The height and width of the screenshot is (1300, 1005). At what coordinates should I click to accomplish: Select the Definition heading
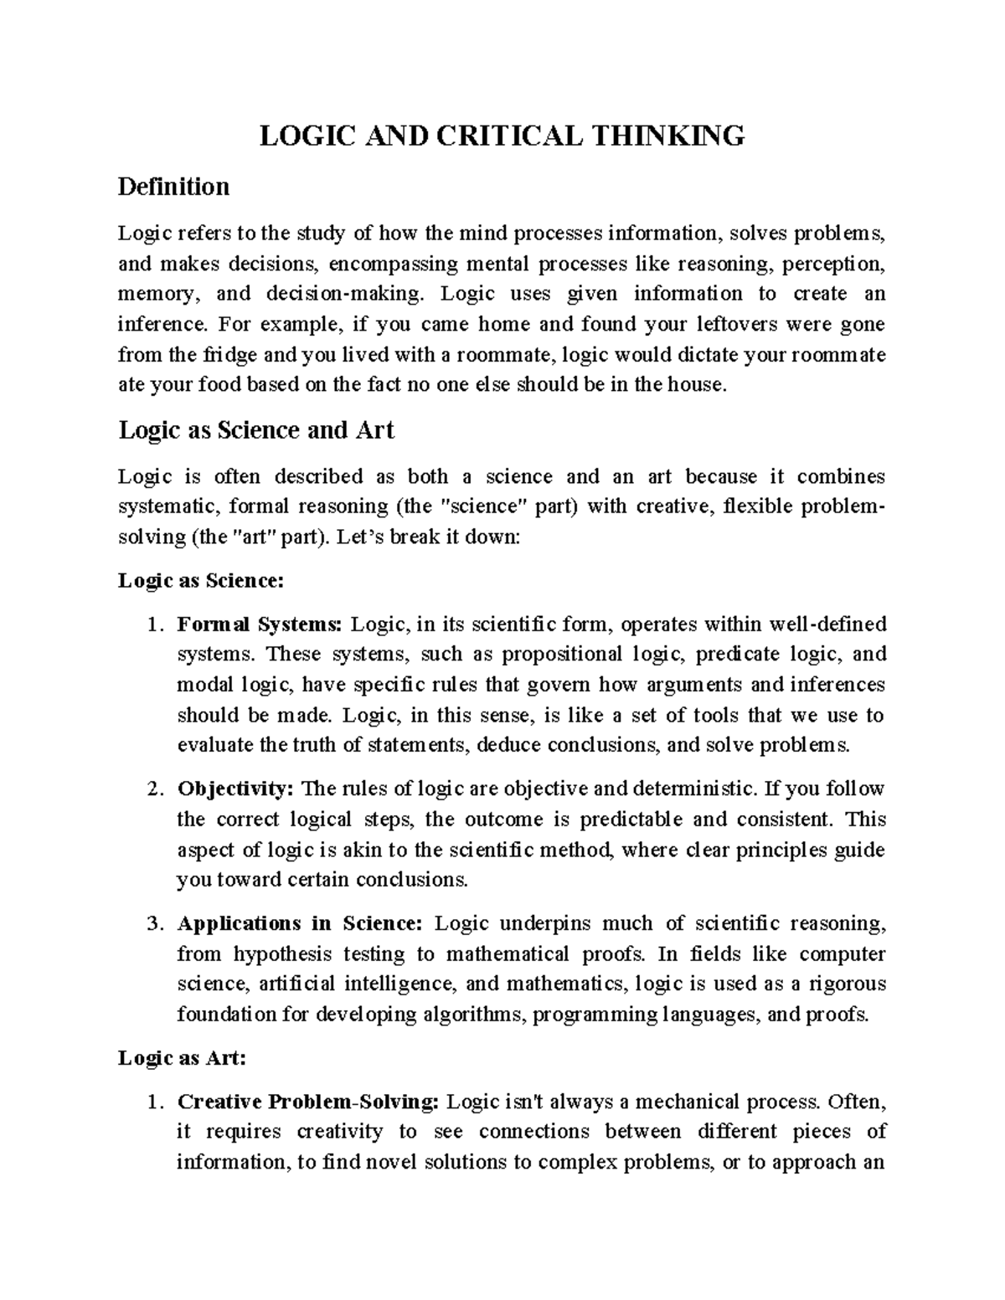173,186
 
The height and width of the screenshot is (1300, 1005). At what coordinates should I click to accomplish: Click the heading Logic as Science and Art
256,430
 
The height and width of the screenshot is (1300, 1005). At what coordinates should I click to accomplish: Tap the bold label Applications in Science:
301,923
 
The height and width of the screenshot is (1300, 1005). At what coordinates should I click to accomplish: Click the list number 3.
152,923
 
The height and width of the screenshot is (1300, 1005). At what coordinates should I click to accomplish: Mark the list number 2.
152,789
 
